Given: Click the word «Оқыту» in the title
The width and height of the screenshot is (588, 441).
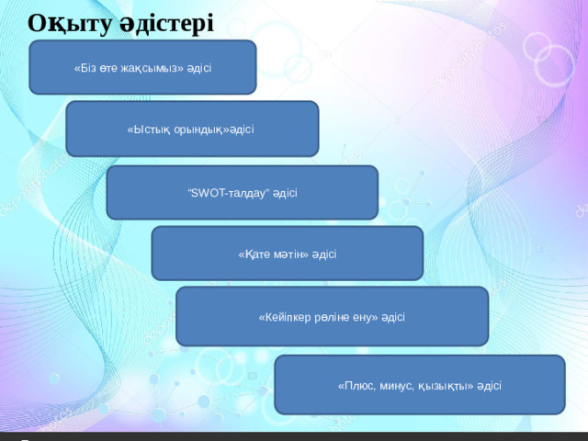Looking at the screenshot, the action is (70, 24).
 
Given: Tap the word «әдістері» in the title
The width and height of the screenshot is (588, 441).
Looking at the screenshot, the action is (167, 23).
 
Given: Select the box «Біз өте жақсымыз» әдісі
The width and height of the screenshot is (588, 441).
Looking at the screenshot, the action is (143, 67).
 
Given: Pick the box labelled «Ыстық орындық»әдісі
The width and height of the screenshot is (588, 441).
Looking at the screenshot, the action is (192, 129).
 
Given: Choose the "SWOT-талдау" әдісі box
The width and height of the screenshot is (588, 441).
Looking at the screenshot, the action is (243, 192).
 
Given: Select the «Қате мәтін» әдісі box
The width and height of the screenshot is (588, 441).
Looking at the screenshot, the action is (288, 254).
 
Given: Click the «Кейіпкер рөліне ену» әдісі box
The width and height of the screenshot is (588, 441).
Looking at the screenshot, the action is (333, 316).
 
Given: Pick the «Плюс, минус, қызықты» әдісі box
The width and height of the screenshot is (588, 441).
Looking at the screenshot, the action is (420, 385).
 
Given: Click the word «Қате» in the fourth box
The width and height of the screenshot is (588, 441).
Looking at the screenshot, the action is (254, 254).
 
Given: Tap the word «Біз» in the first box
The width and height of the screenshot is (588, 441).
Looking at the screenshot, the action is (85, 68).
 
